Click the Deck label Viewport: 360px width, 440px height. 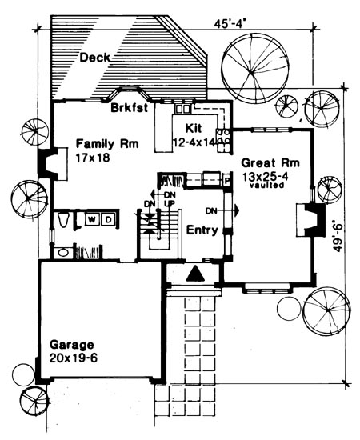95,58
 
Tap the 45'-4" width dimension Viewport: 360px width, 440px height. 228,23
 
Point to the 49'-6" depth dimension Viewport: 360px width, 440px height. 338,238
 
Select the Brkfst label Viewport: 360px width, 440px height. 129,108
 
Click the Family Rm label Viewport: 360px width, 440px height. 107,144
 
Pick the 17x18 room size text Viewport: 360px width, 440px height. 93,158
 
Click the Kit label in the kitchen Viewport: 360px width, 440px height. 194,128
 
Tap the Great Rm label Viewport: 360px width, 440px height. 270,162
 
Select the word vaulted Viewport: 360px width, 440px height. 266,186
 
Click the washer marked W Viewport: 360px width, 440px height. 91,219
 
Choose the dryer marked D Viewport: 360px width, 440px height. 108,219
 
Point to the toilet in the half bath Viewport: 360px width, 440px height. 63,219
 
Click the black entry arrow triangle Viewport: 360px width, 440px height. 196,274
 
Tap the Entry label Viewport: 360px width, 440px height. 202,230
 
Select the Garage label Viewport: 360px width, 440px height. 71,344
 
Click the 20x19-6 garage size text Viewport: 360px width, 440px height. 74,358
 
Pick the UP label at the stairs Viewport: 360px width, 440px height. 168,203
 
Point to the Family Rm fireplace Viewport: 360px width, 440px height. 53,163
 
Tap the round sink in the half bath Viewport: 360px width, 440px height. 63,253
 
